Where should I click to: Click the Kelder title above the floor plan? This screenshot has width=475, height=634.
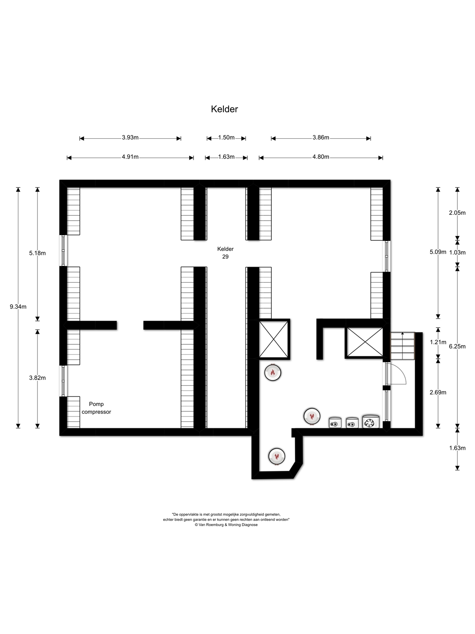pyautogui.click(x=224, y=109)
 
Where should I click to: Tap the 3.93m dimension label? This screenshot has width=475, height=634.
pyautogui.click(x=130, y=137)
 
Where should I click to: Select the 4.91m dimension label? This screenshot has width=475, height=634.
pyautogui.click(x=130, y=157)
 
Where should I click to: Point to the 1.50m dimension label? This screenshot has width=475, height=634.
pyautogui.click(x=226, y=137)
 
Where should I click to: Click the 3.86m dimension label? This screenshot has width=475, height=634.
pyautogui.click(x=321, y=137)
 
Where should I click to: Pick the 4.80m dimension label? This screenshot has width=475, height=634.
pyautogui.click(x=321, y=157)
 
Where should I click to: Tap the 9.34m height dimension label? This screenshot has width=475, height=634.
pyautogui.click(x=18, y=307)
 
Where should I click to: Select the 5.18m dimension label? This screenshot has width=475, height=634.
pyautogui.click(x=37, y=253)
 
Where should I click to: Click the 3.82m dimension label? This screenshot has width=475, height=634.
pyautogui.click(x=37, y=378)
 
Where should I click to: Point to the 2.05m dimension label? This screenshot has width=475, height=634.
pyautogui.click(x=457, y=213)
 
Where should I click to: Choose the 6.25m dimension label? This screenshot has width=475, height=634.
pyautogui.click(x=457, y=346)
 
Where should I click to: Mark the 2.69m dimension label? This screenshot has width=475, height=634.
pyautogui.click(x=438, y=392)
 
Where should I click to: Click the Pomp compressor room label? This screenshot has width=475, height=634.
pyautogui.click(x=96, y=408)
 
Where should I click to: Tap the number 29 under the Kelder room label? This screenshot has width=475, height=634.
pyautogui.click(x=225, y=257)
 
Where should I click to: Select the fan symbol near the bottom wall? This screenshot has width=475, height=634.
pyautogui.click(x=371, y=421)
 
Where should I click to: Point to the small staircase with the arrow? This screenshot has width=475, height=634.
pyautogui.click(x=402, y=346)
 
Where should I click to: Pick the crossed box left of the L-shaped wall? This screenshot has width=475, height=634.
pyautogui.click(x=274, y=339)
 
